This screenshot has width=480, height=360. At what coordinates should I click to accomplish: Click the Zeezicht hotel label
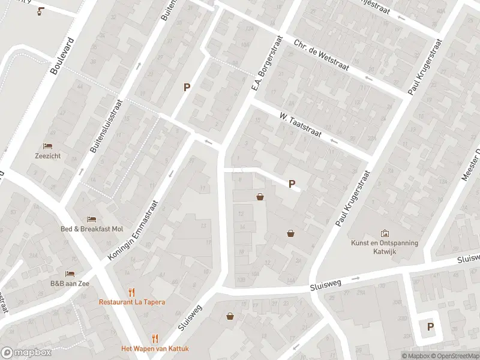click(47, 156)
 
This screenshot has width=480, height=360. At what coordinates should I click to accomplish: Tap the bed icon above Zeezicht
click(47, 146)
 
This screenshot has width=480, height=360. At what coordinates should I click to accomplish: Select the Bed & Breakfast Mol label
click(92, 229)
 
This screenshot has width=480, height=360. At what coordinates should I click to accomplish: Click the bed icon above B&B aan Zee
click(70, 274)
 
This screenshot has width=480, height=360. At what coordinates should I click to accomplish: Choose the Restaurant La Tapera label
click(131, 302)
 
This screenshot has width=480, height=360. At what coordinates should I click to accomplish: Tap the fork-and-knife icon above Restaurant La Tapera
click(131, 292)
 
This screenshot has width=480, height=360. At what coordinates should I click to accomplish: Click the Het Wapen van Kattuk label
click(155, 349)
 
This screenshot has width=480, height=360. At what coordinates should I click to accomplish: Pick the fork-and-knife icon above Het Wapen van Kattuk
click(155, 338)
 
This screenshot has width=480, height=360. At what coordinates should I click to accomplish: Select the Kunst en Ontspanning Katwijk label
click(385, 247)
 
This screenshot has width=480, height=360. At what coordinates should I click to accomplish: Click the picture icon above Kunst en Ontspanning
click(385, 233)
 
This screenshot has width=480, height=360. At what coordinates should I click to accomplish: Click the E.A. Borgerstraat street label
click(266, 67)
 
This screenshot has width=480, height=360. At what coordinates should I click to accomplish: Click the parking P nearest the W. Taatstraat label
click(292, 184)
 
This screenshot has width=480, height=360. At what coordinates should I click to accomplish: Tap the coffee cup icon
click(40, 11)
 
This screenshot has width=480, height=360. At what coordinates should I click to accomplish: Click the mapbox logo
click(26, 352)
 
